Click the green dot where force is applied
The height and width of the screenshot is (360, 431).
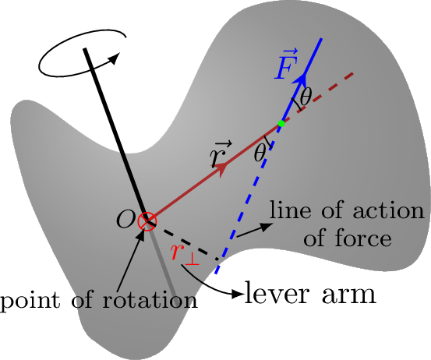pos(281,124)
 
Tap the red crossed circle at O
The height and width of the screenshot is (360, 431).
pos(147,221)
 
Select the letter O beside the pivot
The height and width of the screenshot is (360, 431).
pos(125,220)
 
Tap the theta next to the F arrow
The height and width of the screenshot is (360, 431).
pos(306,97)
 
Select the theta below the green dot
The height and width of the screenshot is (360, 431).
pos(260,153)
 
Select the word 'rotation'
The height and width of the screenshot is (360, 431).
pos(150,300)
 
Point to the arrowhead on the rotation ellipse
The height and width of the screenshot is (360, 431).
pos(115,58)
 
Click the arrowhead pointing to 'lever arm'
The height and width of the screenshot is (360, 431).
pos(238,294)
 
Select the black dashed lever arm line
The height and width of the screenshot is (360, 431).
pos(184,241)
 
